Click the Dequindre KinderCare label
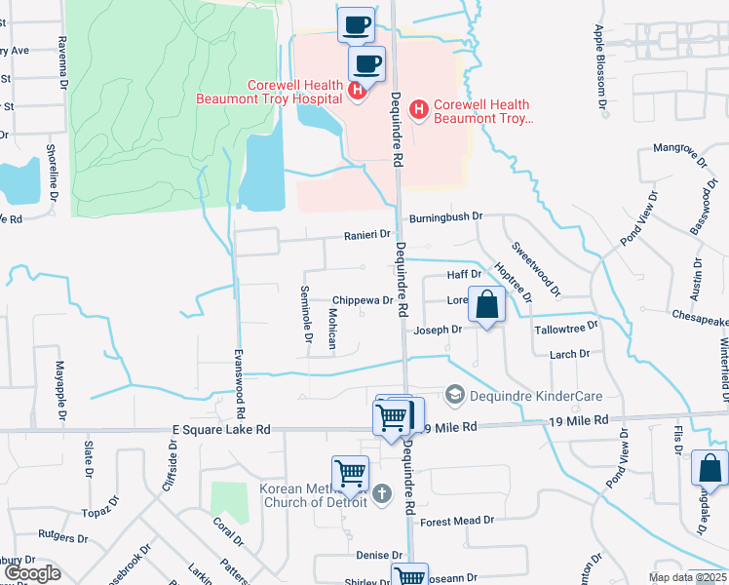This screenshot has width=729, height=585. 535,396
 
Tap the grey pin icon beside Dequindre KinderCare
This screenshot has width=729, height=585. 453,395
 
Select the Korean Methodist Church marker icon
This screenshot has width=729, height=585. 381,494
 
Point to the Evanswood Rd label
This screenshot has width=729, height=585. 239,386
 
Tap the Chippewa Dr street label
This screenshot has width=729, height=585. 363,301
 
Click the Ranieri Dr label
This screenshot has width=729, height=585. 366,235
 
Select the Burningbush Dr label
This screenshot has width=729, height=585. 446,217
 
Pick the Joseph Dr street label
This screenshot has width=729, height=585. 438,330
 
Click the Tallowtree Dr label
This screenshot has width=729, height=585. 565,329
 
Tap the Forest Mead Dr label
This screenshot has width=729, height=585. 458,522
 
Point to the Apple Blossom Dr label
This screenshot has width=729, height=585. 601,69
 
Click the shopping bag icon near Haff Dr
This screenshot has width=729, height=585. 486,305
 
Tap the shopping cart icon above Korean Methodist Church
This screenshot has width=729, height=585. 350,475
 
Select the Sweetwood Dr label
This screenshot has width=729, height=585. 537,269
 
